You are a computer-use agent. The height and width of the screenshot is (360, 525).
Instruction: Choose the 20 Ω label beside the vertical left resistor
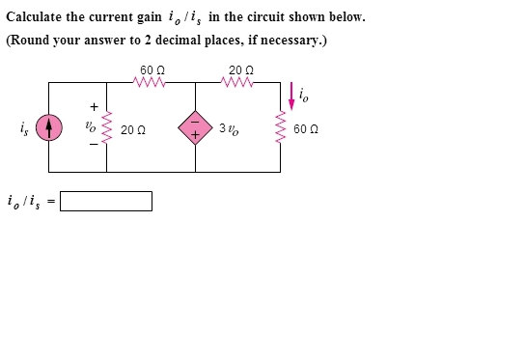pyautogui.click(x=133, y=129)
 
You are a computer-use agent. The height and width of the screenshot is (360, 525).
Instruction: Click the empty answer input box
pyautogui.click(x=106, y=201)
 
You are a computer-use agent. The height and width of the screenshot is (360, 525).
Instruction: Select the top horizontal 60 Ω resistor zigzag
pyautogui.click(x=152, y=83)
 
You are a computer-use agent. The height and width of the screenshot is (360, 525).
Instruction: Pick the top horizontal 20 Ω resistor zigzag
pyautogui.click(x=240, y=83)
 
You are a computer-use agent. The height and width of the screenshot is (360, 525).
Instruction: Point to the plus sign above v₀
pyautogui.click(x=94, y=106)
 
